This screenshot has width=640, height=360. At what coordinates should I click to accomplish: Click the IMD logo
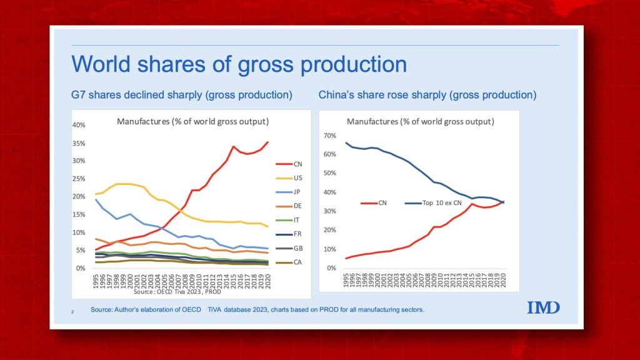click(x=543, y=307)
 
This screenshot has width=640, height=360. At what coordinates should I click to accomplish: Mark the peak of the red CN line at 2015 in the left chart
click(x=233, y=147)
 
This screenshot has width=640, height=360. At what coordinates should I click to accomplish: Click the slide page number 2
click(x=72, y=311)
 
